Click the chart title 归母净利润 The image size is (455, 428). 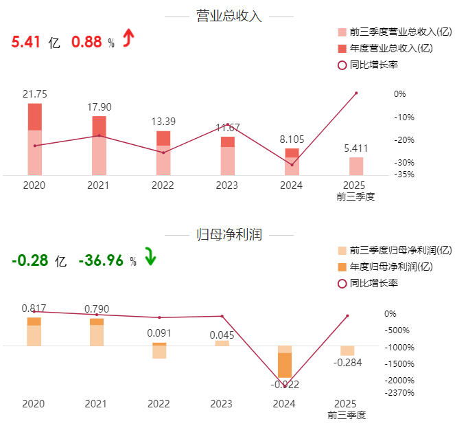tap(229, 235)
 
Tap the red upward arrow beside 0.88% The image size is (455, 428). tap(127, 40)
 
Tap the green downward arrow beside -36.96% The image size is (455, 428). tap(150, 258)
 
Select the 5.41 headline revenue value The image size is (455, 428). tap(25, 42)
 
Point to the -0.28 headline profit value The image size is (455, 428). tap(30, 260)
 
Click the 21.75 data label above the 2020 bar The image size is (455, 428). tap(34, 94)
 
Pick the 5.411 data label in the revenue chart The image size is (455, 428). tap(355, 148)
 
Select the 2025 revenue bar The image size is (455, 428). tap(355, 166)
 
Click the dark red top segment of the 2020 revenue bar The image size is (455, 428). tap(34, 117)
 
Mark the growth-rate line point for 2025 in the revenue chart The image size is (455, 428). tap(356, 93)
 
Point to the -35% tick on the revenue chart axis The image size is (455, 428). tap(404, 174)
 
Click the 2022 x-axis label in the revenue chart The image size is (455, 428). tap(163, 186)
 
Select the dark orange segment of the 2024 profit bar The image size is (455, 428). tap(285, 365)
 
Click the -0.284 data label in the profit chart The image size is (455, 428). tap(348, 362)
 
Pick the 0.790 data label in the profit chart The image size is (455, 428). tap(96, 309)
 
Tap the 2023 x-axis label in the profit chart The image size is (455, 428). tap(221, 404)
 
